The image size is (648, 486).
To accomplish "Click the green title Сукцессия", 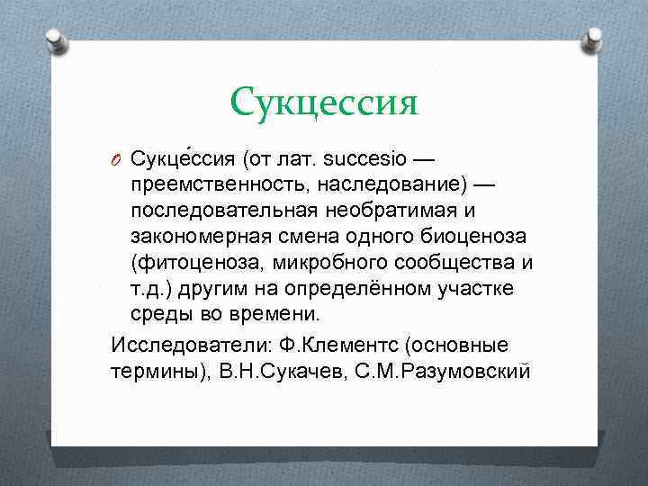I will coord(324,103).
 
